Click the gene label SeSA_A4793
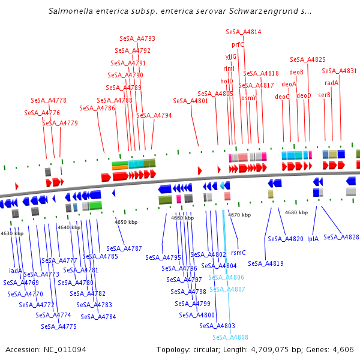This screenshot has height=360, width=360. [x=137, y=38]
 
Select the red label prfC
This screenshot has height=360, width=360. [x=238, y=44]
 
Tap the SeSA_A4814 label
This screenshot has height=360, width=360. [x=244, y=31]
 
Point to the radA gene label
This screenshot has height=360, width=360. [x=331, y=83]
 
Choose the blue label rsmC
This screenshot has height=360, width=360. [x=238, y=253]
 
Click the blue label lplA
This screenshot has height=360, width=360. [x=313, y=239]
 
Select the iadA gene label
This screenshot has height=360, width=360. [x=16, y=271]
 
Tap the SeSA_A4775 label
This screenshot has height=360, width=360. [x=59, y=326]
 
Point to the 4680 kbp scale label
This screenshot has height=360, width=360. [x=296, y=212]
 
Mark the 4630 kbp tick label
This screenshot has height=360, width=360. [x=12, y=233]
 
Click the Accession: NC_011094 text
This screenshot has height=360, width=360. [x=46, y=350]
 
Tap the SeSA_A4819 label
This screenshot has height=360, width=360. [x=266, y=263]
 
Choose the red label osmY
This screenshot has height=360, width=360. [x=248, y=98]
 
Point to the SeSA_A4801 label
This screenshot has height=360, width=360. [x=191, y=101]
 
